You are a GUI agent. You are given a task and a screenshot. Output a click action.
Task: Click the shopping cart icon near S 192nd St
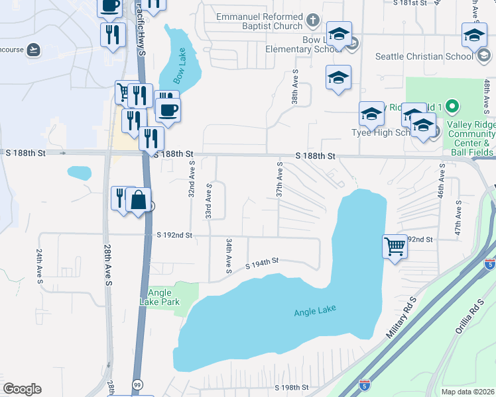click(x=395, y=246)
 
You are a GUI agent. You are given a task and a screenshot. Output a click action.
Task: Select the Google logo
click(x=22, y=389)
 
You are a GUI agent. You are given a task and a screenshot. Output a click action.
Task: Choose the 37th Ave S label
click(x=280, y=179)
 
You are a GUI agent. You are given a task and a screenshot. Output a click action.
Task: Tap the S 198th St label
click(x=292, y=387)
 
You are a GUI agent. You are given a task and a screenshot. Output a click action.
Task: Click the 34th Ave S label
click(x=228, y=256)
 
